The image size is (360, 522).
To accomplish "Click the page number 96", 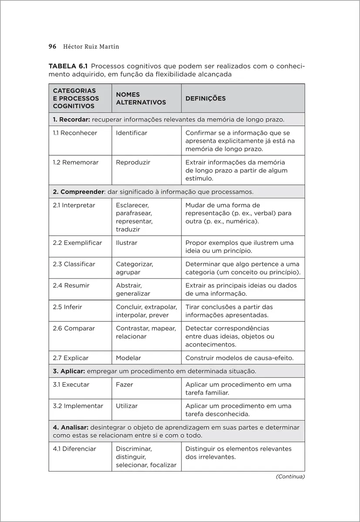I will pyautogui.click(x=52, y=47).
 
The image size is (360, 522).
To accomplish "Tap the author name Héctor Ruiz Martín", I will pyautogui.click(x=92, y=47).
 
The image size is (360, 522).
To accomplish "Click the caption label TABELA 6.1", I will pyautogui.click(x=68, y=66).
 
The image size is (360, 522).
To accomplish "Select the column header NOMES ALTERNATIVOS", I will pyautogui.click(x=141, y=98).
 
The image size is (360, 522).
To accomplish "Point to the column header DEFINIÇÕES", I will pyautogui.click(x=205, y=98).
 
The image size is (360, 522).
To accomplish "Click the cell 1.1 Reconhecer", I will pyautogui.click(x=75, y=133).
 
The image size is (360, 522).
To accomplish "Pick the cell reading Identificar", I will pyautogui.click(x=131, y=133).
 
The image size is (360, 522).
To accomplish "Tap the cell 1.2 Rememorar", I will pyautogui.click(x=76, y=162).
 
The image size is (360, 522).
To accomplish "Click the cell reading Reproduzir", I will pyautogui.click(x=133, y=162).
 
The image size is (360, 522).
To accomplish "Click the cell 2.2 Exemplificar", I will pyautogui.click(x=77, y=243).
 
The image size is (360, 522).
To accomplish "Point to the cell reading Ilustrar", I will pyautogui.click(x=126, y=243).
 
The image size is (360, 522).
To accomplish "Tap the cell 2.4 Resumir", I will pyautogui.click(x=71, y=285).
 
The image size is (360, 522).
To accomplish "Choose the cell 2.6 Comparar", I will pyautogui.click(x=74, y=328).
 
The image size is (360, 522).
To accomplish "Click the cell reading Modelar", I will pyautogui.click(x=128, y=358).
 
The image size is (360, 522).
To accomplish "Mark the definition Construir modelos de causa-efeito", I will pyautogui.click(x=239, y=358).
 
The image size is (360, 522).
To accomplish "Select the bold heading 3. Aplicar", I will pyautogui.click(x=69, y=371).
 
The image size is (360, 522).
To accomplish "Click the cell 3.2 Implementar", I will pyautogui.click(x=78, y=406).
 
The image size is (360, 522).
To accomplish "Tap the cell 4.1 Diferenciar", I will pyautogui.click(x=74, y=448).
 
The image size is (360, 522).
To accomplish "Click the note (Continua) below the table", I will pyautogui.click(x=290, y=477).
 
